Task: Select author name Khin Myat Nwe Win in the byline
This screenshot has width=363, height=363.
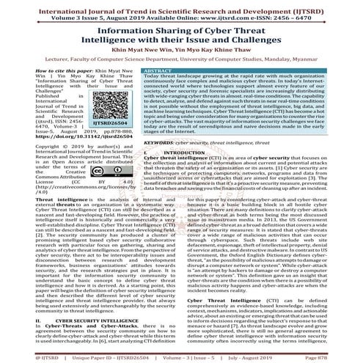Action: pyautogui.click(x=139, y=54)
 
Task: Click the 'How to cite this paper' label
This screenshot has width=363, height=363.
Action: pyautogui.click(x=32, y=76)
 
